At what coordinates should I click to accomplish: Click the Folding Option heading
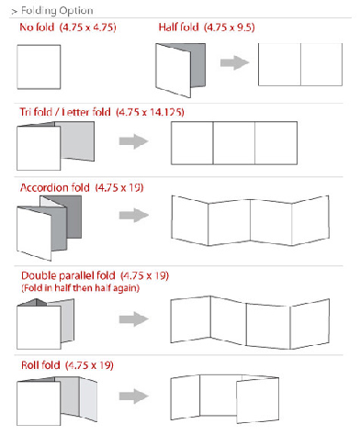point(52,11)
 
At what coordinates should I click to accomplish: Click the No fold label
point(37,28)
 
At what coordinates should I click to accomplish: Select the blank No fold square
point(39,67)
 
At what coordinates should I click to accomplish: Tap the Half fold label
point(179,28)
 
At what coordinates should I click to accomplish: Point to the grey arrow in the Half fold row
point(235,62)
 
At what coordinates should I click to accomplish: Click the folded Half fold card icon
point(180,71)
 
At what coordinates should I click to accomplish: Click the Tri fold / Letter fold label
point(65,112)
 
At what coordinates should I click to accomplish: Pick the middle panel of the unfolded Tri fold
point(234,143)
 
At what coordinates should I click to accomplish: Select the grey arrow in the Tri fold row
point(134,141)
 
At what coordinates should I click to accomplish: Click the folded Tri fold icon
point(55,146)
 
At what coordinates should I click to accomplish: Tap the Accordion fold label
point(55,187)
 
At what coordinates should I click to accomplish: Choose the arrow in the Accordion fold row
point(134,215)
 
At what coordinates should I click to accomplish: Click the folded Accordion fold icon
point(49,229)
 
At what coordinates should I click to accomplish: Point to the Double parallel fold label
point(68,275)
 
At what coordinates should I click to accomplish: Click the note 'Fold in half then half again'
point(80,288)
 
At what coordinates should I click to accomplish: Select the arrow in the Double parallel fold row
point(134,319)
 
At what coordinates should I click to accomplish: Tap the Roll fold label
point(40,365)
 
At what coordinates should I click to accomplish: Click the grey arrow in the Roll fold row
point(134,396)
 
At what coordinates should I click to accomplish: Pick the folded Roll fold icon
point(57,401)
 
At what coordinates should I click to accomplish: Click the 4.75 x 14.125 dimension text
point(150,112)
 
